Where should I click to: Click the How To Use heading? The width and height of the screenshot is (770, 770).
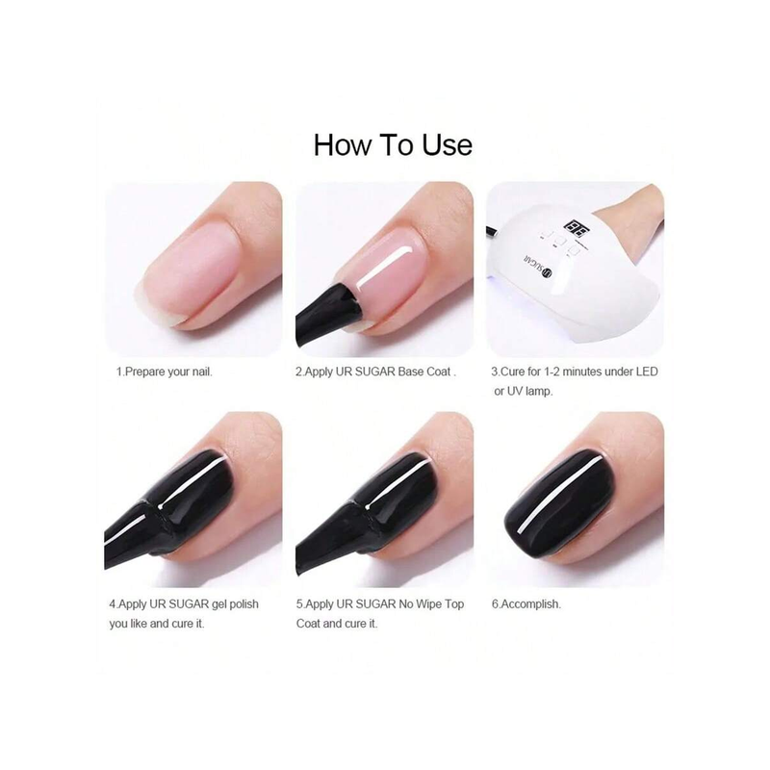pos(393,145)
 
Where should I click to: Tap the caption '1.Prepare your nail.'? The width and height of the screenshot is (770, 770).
pos(164,372)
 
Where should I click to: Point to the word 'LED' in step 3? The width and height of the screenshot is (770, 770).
pos(647,372)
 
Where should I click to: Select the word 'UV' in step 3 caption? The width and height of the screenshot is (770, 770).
pos(515,392)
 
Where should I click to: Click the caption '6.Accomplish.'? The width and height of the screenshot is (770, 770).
pos(526,604)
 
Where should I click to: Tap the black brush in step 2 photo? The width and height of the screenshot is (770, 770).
pos(326,316)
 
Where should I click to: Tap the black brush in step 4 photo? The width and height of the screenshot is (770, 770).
pos(135,535)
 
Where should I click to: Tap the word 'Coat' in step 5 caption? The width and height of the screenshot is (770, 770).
pos(308,624)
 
